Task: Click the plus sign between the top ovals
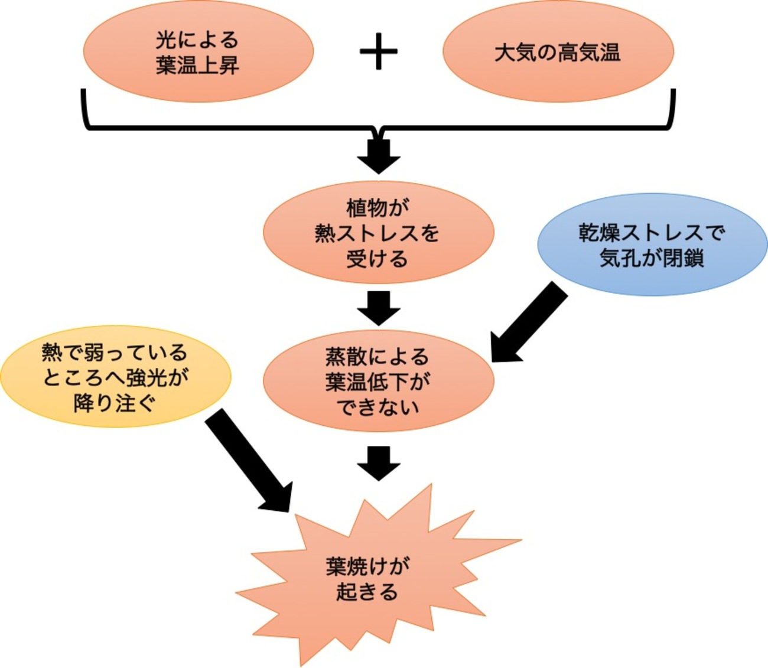378,51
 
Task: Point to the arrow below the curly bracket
379,155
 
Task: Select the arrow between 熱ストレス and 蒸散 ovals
379,308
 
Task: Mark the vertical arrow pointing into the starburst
379,463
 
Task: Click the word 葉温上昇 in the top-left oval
197,66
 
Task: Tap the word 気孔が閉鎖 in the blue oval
652,258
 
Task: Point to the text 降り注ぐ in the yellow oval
115,403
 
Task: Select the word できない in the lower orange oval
378,407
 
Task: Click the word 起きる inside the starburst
367,591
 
